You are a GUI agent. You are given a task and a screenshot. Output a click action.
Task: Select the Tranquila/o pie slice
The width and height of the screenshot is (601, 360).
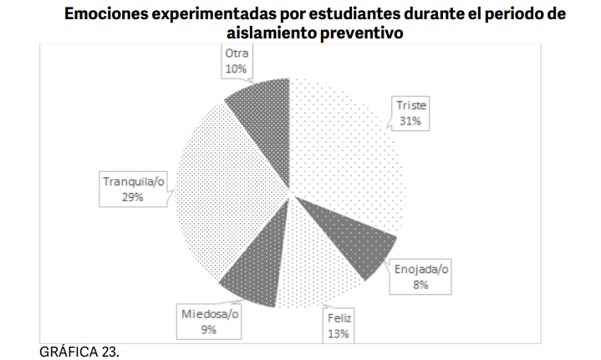[226, 196]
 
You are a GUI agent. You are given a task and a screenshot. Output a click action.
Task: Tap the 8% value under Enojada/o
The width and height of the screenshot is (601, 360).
[420, 285]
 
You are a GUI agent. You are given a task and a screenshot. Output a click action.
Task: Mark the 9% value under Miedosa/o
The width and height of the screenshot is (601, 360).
[209, 330]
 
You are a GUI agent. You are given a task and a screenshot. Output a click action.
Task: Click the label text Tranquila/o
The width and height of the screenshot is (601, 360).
[135, 181]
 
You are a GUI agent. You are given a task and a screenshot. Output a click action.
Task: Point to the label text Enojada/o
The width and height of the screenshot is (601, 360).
[420, 269]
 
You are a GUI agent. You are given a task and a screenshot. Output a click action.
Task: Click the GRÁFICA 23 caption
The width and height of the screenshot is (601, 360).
[79, 351]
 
